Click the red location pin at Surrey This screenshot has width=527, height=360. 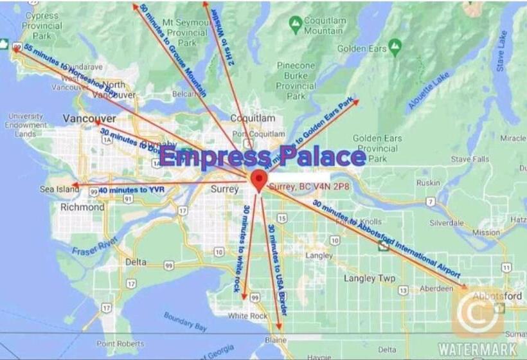(258, 179)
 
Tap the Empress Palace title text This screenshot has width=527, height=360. (263, 157)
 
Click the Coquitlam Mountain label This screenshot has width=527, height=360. (323, 26)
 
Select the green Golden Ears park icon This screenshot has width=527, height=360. (395, 46)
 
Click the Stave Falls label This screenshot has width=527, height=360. (470, 159)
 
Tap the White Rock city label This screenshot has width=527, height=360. (247, 316)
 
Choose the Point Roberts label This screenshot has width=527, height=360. (120, 343)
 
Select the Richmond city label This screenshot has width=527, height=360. (82, 208)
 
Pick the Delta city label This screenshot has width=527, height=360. (136, 262)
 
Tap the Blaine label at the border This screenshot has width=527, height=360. (277, 339)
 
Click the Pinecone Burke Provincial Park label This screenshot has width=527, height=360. (296, 80)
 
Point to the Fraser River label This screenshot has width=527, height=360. (94, 245)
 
